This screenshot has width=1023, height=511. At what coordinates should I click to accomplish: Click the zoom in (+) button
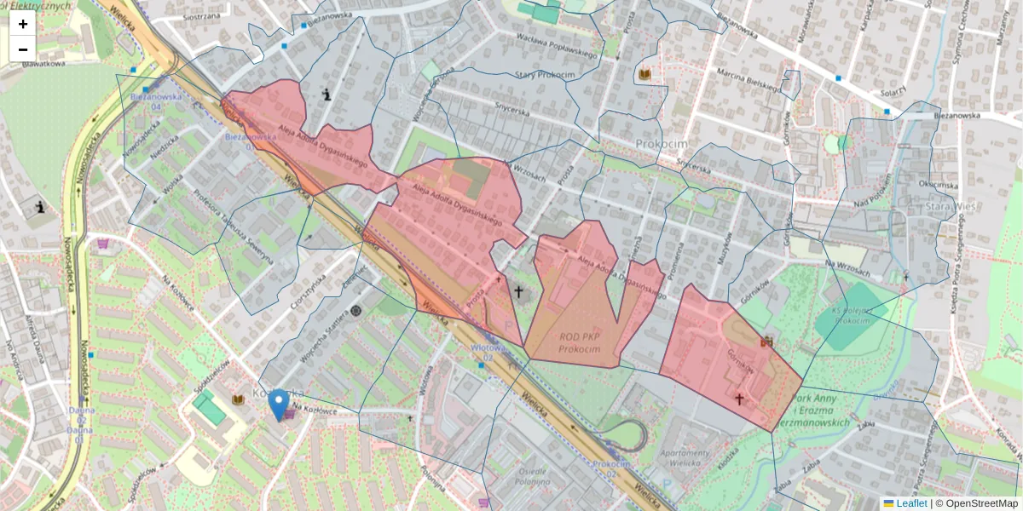click(23, 24)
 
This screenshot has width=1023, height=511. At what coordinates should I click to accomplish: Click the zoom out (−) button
click(23, 49)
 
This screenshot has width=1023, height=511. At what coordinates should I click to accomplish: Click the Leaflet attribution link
click(905, 503)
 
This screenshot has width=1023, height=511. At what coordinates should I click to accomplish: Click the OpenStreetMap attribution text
click(975, 503)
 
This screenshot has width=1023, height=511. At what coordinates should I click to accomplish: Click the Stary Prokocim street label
click(544, 75)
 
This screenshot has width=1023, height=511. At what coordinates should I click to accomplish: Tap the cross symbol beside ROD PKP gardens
click(517, 291)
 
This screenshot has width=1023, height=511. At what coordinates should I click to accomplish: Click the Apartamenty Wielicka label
click(685, 457)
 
